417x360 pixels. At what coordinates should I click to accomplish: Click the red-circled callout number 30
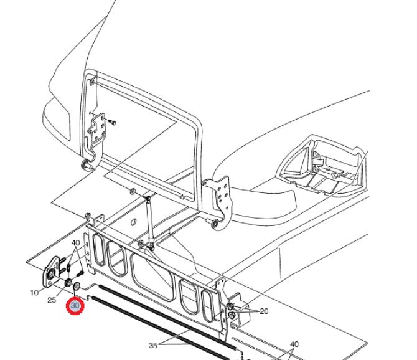pyautogui.click(x=75, y=305)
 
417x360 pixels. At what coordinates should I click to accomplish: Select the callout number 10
pyautogui.click(x=34, y=293)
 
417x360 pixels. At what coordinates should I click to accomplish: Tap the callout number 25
pyautogui.click(x=52, y=300)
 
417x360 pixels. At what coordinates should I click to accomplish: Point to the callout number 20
pyautogui.click(x=264, y=311)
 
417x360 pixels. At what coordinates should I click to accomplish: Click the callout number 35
pyautogui.click(x=153, y=346)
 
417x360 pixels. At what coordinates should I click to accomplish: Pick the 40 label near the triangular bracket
pyautogui.click(x=76, y=243)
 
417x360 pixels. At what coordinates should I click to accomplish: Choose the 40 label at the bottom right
pyautogui.click(x=294, y=344)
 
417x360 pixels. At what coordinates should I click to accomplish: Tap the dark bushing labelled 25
pyautogui.click(x=68, y=283)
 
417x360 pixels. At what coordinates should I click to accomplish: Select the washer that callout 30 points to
pyautogui.click(x=77, y=286)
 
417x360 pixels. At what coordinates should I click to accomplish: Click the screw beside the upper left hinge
pyautogui.click(x=112, y=122)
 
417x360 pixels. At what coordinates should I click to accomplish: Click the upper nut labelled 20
pyautogui.click(x=230, y=306)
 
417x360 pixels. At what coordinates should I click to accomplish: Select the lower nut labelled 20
pyautogui.click(x=232, y=316)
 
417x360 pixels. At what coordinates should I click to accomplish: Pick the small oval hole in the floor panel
pyautogui.click(x=134, y=222)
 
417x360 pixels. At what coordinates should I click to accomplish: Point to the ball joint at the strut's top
pyautogui.click(x=148, y=198)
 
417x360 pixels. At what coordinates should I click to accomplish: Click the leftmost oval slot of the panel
pyautogui.click(x=98, y=250)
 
